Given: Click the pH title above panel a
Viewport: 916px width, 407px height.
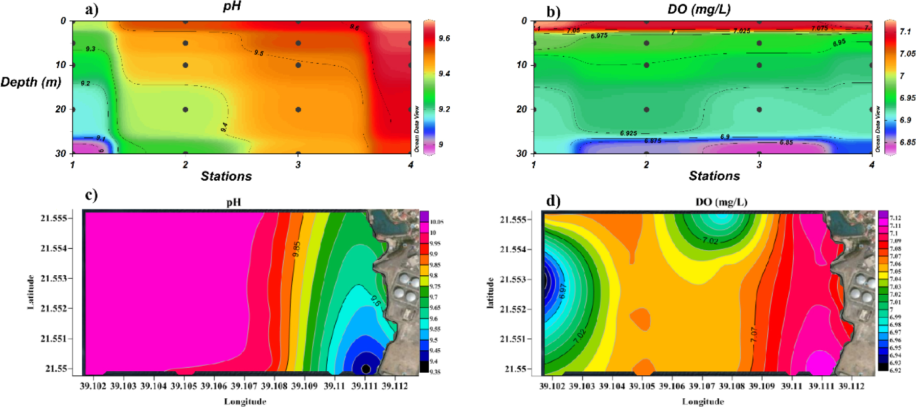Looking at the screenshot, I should (x=232, y=7).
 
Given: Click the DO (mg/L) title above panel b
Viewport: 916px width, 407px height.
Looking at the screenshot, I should (x=699, y=9).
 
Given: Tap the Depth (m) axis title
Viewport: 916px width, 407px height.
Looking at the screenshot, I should (x=31, y=82).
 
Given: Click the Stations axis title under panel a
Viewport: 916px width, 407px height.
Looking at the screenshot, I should (x=226, y=176).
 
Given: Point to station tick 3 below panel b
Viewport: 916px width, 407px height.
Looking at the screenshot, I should (x=759, y=164).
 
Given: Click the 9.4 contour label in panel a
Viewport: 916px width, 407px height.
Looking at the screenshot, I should (x=224, y=128).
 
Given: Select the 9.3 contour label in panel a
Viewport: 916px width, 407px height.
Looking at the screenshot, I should (x=90, y=49).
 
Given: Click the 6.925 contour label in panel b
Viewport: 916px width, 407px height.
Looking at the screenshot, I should (x=628, y=133).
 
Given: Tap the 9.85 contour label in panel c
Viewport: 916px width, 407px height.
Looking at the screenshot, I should (x=296, y=249).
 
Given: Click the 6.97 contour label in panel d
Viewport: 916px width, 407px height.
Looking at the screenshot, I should (x=562, y=291).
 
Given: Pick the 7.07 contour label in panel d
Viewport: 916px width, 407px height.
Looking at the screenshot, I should (x=754, y=334).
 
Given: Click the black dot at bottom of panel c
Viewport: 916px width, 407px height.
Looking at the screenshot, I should (x=365, y=369).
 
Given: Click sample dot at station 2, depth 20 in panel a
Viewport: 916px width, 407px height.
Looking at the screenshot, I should (x=186, y=109).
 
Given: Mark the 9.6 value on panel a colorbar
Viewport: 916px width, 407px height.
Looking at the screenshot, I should (x=444, y=38).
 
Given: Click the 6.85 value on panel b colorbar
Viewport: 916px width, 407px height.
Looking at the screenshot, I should (x=907, y=142).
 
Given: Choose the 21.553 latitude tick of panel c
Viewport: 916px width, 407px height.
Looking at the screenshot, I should (x=54, y=278).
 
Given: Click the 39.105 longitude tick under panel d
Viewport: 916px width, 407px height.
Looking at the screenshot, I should (x=642, y=386).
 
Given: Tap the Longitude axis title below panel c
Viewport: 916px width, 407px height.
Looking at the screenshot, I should (x=245, y=401).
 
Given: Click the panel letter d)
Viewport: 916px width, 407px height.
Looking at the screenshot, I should (x=553, y=200).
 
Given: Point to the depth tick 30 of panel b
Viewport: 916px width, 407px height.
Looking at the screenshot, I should (x=521, y=153).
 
